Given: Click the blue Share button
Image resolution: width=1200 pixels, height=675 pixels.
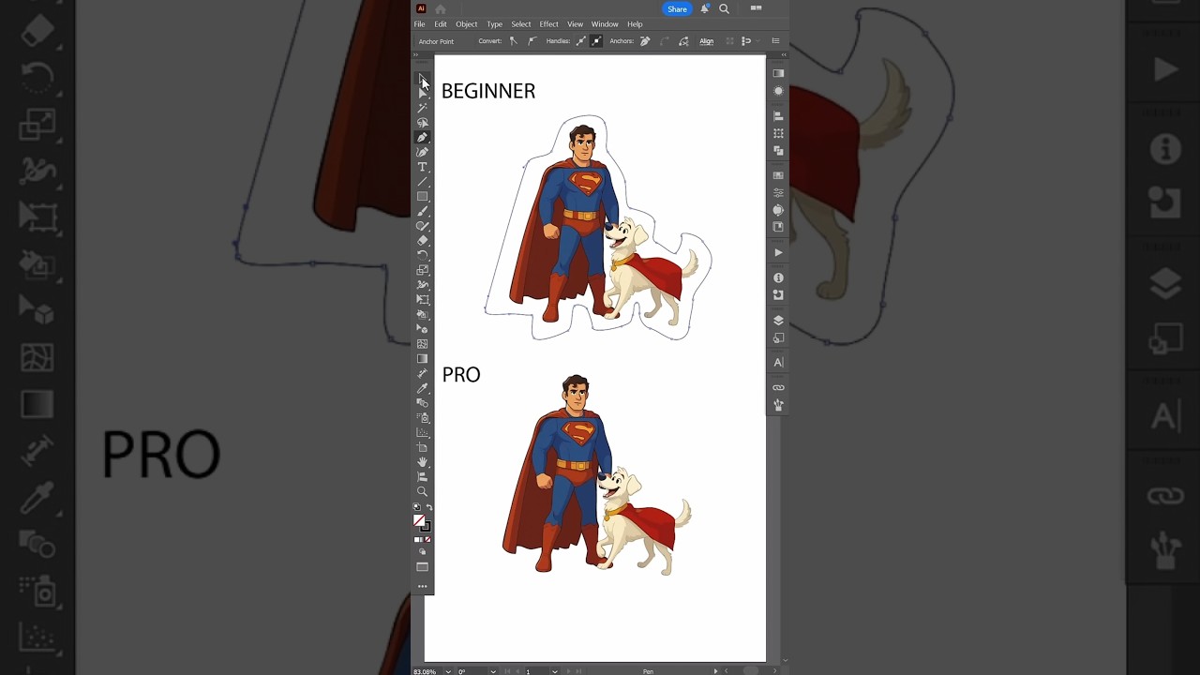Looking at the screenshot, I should (677, 9).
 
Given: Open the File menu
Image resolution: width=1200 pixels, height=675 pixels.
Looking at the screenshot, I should (419, 24).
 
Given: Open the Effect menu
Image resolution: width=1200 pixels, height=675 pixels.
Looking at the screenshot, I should (548, 24).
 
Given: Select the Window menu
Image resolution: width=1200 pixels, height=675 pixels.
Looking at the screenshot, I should (605, 24).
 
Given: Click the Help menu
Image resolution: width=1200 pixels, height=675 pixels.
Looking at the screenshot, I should (635, 24).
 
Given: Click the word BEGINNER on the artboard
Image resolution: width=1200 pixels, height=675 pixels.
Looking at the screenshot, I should (488, 91).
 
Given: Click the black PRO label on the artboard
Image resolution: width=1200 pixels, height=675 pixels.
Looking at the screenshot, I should (461, 375).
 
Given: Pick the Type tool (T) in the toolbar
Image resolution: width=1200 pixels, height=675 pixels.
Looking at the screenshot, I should (423, 167).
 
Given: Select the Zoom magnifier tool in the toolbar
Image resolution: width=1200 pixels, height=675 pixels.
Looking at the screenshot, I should (423, 491).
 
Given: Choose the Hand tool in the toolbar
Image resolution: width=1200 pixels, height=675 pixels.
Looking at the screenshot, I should (423, 462).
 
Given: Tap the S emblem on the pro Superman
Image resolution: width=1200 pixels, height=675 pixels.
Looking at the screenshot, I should (578, 433).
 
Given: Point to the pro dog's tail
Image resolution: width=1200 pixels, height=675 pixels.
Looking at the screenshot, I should (683, 511).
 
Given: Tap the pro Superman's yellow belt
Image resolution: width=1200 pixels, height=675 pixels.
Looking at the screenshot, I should (573, 465).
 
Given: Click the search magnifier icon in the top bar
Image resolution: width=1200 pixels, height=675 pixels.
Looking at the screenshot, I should (724, 9).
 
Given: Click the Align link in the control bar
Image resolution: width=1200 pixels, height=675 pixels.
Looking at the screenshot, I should (706, 41).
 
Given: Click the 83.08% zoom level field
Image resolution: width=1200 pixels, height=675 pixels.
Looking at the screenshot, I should (426, 671).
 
